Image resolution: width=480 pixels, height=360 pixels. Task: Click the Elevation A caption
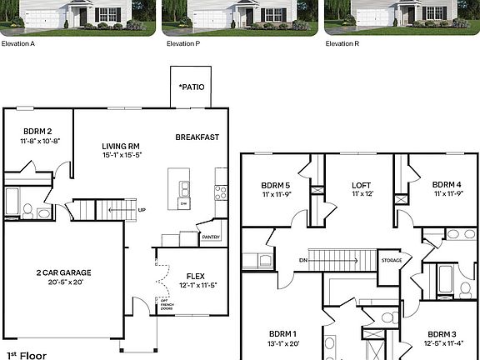[x=17, y=42]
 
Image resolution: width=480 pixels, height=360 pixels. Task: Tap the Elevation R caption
[x=342, y=42]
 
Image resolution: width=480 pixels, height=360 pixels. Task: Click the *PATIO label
[x=191, y=87]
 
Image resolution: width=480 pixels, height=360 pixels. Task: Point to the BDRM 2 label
[x=37, y=131]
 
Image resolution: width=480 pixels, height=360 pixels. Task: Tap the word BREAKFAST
[x=197, y=137]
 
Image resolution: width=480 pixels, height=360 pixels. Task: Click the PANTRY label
[x=212, y=237]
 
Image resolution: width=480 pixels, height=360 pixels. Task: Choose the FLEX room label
[x=195, y=276]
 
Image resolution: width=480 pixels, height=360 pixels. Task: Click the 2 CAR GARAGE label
[x=63, y=272]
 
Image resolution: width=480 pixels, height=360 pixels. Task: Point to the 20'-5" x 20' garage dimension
[x=63, y=282]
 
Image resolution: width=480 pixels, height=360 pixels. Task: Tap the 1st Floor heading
[x=22, y=354]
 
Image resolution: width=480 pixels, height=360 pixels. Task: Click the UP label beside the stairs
[x=142, y=209]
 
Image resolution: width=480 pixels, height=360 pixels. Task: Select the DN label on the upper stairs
[x=303, y=260]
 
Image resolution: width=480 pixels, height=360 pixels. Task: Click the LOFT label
[x=360, y=185]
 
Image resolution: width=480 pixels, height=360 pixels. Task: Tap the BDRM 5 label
[x=276, y=185]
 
